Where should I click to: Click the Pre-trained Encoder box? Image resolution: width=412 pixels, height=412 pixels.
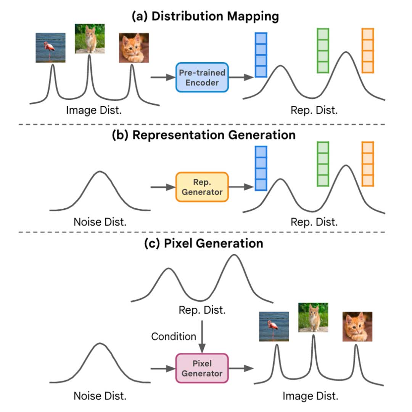202,78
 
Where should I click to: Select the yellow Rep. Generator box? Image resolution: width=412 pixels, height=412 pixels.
202,187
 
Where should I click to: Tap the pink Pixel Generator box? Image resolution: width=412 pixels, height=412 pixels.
202,368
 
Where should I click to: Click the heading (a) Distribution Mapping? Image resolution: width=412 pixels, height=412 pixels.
205,16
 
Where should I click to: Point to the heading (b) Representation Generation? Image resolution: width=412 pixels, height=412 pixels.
204,135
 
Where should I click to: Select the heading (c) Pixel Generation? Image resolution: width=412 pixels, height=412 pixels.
204,243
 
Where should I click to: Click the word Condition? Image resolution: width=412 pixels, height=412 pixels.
174,336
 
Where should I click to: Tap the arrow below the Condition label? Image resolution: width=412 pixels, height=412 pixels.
201,337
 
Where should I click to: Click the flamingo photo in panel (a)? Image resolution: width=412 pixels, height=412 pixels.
50,47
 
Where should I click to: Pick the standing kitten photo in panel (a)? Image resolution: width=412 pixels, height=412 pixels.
90,39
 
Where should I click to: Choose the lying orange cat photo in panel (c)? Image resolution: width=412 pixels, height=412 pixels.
357,326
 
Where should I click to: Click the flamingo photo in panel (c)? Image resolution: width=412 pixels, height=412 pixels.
274,326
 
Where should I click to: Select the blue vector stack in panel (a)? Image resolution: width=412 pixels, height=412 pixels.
261,55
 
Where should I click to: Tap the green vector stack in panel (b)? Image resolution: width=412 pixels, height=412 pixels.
323,164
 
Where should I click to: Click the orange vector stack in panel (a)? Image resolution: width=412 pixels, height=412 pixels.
368,50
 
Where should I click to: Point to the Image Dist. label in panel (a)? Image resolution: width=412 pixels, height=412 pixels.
94,110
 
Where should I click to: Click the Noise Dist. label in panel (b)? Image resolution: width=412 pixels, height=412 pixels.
100,222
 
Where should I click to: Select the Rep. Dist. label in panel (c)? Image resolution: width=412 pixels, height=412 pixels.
202,310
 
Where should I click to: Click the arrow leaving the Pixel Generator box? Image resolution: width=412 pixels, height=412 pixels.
241,368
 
